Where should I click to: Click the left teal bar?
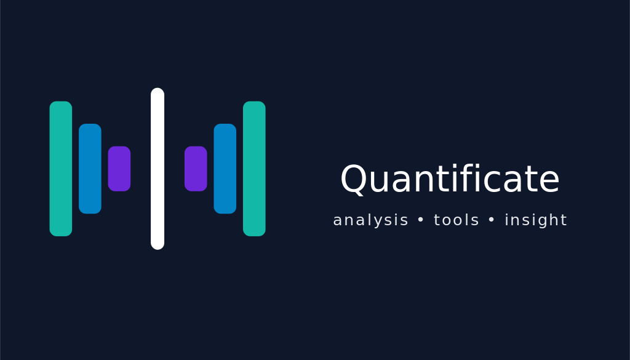click(61, 169)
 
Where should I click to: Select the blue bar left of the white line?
click(90, 169)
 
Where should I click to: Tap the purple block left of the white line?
click(119, 169)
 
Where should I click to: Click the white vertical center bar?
click(157, 169)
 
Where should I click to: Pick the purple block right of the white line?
click(196, 169)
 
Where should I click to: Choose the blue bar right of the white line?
click(225, 169)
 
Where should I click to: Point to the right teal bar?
click(254, 169)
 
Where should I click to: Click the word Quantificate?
click(450, 180)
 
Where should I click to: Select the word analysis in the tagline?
click(370, 220)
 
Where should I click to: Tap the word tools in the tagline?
click(457, 220)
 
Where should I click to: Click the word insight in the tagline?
click(536, 220)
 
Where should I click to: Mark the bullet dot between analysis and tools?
click(421, 220)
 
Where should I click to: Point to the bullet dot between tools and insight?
click(492, 220)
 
